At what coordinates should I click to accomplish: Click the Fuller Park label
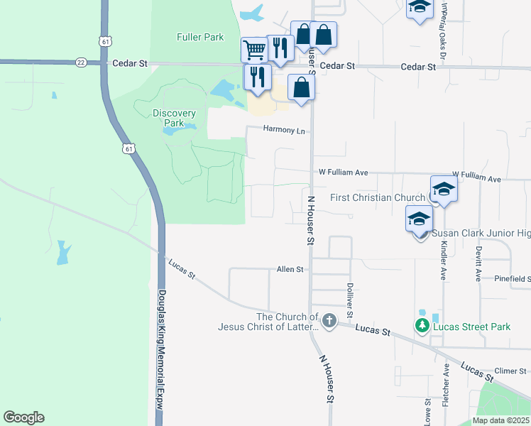[201, 37]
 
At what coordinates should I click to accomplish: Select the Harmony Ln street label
[283, 131]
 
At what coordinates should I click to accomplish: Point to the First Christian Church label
[377, 197]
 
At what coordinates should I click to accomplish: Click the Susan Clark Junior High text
[482, 234]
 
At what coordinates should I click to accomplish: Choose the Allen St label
[290, 270]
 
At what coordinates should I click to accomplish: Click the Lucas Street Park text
[472, 327]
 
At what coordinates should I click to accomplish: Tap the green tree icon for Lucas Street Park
[422, 325]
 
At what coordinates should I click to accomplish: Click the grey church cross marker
[329, 322]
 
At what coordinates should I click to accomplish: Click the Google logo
[23, 417]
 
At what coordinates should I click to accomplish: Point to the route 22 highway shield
[81, 62]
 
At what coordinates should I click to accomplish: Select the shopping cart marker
[253, 50]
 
